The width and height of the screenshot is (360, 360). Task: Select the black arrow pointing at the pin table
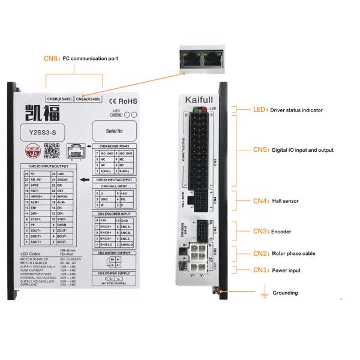85,179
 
